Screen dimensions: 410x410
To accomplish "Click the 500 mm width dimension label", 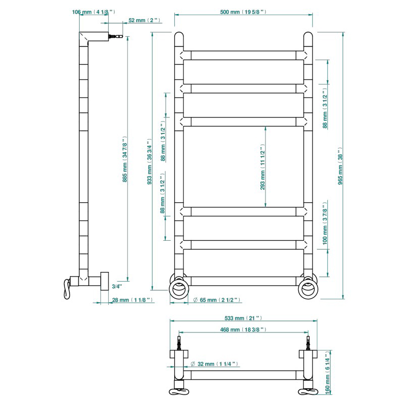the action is pyautogui.click(x=243, y=12).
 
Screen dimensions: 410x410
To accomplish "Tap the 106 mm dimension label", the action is pyautogui.click(x=94, y=12).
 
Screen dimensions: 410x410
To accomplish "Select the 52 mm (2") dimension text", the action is pyautogui.click(x=144, y=20).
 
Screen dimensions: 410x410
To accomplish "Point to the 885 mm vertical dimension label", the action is pyautogui.click(x=125, y=159).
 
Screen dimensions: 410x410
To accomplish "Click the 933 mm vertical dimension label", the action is pyautogui.click(x=149, y=162).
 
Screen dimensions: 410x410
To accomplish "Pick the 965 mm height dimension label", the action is pyautogui.click(x=340, y=166).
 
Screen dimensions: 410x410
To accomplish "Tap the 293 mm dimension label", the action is pyautogui.click(x=263, y=167).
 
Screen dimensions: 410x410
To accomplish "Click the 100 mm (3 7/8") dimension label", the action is pyautogui.click(x=325, y=223).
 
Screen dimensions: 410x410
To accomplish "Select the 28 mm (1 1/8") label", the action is pyautogui.click(x=132, y=300).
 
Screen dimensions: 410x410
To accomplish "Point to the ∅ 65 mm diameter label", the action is pyautogui.click(x=217, y=300).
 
